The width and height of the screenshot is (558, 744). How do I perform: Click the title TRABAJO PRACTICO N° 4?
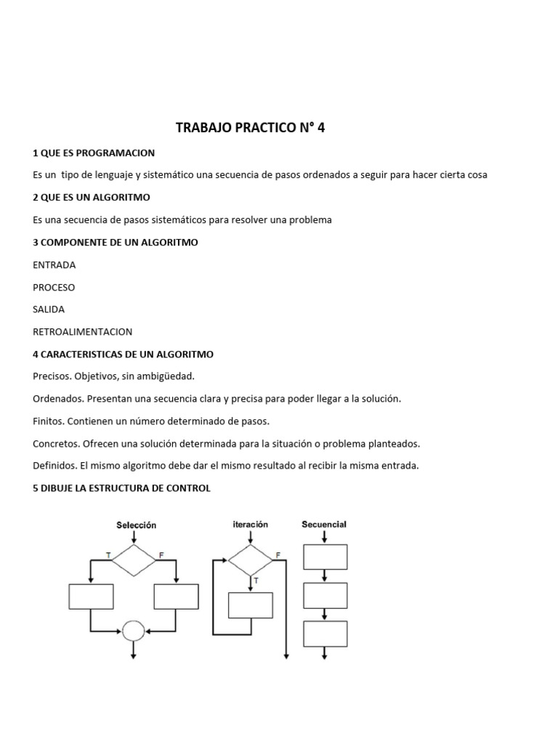click(251, 129)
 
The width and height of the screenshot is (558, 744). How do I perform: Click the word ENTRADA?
click(54, 264)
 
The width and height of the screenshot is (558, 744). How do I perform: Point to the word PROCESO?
click(54, 287)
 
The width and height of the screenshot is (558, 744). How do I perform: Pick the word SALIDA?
click(49, 309)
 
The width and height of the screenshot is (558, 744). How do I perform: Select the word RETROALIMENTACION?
click(83, 331)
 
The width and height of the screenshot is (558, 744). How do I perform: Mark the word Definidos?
click(55, 466)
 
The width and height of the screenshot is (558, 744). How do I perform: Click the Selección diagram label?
click(137, 525)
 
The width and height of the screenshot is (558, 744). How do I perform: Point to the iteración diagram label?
click(250, 524)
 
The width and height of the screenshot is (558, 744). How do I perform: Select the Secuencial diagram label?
click(324, 524)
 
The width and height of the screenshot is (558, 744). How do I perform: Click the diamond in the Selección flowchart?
click(134, 559)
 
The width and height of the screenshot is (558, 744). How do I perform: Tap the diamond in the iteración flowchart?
click(250, 559)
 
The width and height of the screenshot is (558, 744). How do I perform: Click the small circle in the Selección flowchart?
click(134, 630)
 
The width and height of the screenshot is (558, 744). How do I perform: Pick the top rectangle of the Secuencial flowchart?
click(325, 557)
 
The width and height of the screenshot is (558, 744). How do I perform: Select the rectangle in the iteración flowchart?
click(251, 605)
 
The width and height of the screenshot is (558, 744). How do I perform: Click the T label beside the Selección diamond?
click(108, 555)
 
